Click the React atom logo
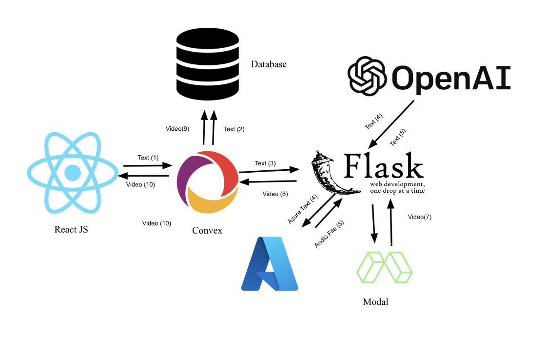point(73,173)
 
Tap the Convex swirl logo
point(208,182)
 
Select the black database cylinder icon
point(208,64)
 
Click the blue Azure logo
point(270,263)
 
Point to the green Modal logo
point(384,267)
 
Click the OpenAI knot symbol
point(367,76)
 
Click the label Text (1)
point(148,158)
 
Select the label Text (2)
point(234,129)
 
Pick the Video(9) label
point(177,128)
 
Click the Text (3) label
point(265,163)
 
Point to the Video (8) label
point(275,194)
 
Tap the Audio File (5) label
point(329,234)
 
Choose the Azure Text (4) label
point(302,209)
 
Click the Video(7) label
point(420,217)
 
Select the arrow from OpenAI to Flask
point(391,124)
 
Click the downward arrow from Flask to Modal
point(373,223)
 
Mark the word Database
point(269,64)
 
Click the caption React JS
point(71,229)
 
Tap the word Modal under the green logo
point(376,301)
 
